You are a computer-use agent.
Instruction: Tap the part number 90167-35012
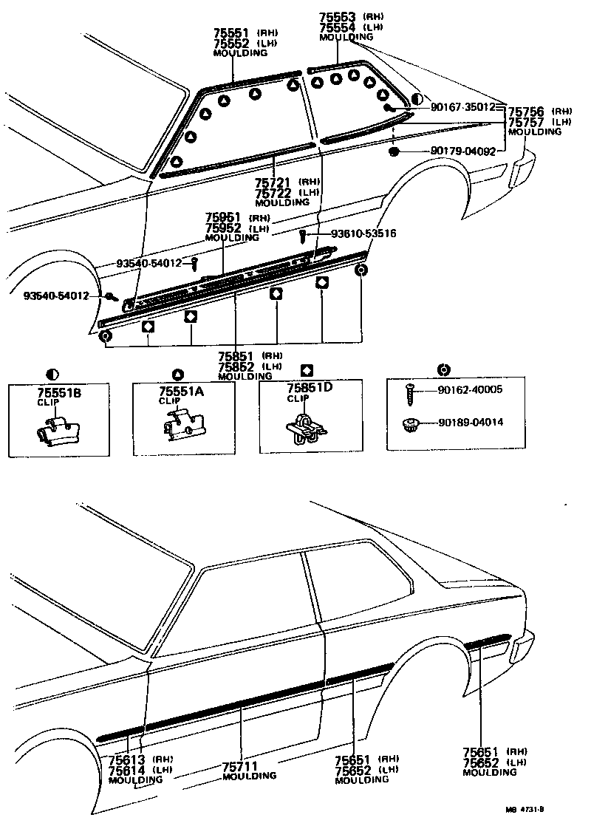pyautogui.click(x=462, y=107)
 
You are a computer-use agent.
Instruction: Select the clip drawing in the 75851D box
pyautogui.click(x=304, y=427)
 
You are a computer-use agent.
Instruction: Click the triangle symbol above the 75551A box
pyautogui.click(x=177, y=373)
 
